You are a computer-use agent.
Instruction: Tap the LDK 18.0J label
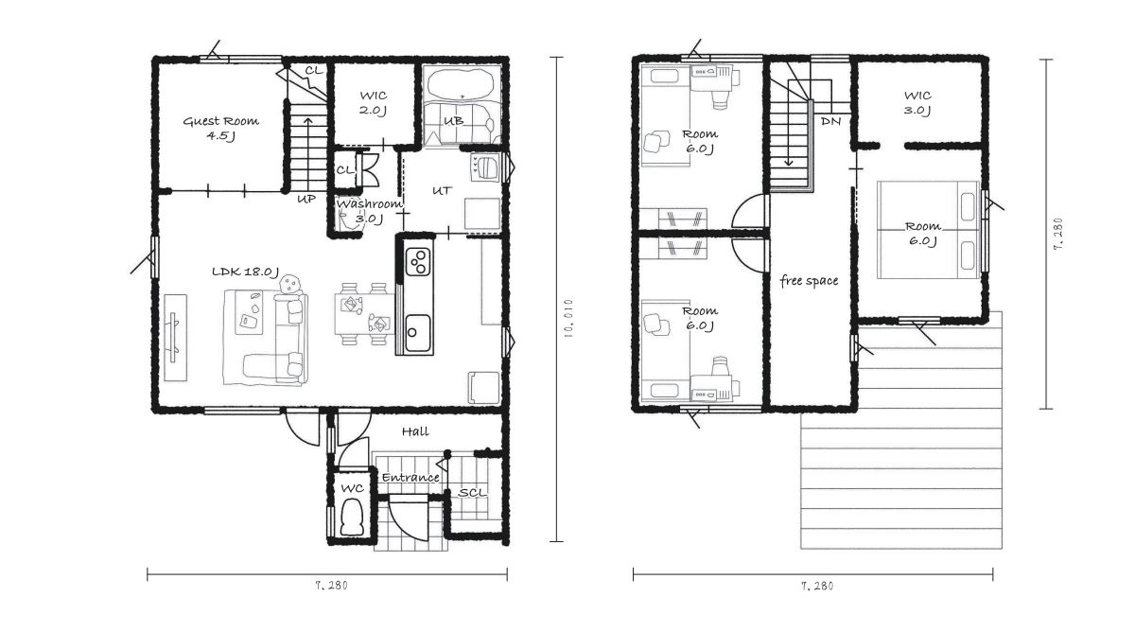[245, 272]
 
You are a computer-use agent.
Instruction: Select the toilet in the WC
[352, 517]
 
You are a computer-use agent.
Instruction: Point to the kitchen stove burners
[418, 261]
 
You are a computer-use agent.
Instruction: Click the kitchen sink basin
[418, 332]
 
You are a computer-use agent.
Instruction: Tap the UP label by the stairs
[306, 200]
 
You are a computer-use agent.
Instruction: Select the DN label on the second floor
[830, 122]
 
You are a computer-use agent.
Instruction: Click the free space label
[809, 281]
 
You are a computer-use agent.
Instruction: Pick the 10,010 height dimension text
[568, 318]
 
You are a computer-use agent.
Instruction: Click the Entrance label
[410, 478]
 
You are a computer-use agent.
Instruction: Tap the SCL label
[472, 493]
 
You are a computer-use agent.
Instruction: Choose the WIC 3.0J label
[917, 103]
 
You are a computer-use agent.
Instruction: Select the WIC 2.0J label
[374, 103]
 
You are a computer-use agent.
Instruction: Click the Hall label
[415, 431]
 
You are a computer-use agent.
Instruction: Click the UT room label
[442, 191]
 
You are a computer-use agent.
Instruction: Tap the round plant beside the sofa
[290, 283]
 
